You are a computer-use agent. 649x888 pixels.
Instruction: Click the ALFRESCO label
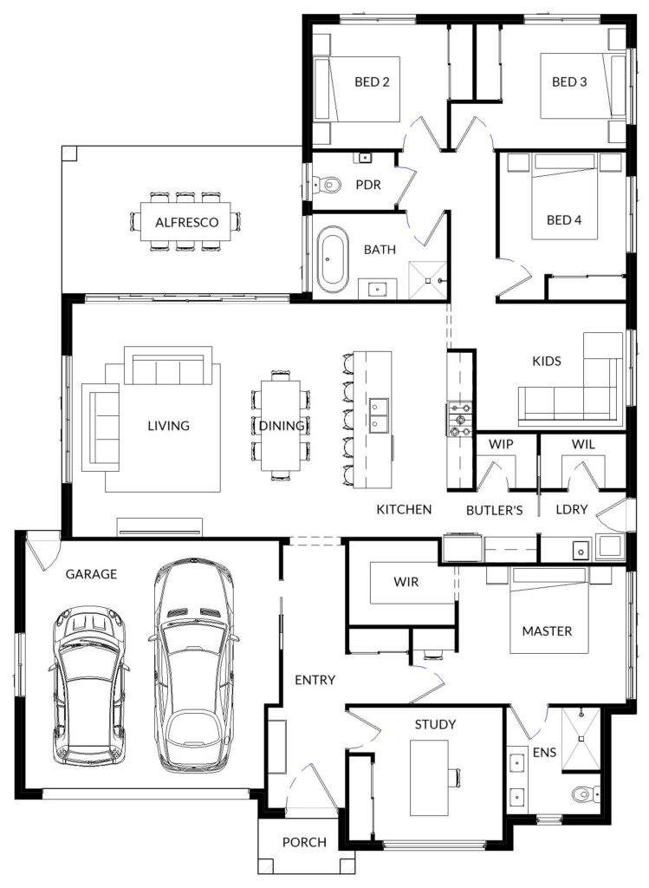186,222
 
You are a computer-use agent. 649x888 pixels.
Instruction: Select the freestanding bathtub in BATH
333,259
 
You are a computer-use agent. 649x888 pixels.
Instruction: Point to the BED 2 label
372,82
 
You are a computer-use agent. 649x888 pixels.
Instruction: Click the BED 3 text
569,82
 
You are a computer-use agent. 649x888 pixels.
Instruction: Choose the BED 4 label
563,219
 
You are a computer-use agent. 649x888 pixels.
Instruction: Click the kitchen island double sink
380,415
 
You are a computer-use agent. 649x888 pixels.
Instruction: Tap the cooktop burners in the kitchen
459,419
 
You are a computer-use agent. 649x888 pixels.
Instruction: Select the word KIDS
547,361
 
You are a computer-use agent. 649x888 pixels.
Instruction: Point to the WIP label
501,444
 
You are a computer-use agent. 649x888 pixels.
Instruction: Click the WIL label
583,445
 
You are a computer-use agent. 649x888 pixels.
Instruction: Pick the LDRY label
572,509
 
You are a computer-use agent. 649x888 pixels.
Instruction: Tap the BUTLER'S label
494,510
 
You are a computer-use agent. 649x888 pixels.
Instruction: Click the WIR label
406,582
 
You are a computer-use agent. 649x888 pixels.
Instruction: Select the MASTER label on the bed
547,631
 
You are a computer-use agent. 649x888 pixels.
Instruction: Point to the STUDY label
435,724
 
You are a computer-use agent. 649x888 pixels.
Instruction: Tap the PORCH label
304,843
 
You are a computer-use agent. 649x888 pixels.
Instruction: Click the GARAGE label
91,574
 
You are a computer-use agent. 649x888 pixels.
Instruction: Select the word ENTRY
315,680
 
